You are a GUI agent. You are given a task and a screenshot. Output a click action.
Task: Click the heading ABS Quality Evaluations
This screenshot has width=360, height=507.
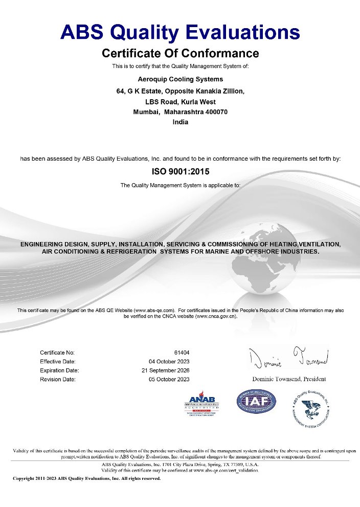tap(180, 32)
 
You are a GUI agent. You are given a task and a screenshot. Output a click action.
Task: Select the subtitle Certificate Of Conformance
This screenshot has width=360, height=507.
tap(180, 53)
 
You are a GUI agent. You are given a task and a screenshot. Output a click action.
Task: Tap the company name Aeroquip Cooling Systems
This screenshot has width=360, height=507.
tap(181, 79)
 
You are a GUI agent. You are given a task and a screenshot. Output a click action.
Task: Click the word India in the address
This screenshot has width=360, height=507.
tap(181, 122)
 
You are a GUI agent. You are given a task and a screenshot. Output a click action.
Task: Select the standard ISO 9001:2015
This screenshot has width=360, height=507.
tap(181, 172)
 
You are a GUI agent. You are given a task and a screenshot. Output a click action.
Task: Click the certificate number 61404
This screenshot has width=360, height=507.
tap(182, 352)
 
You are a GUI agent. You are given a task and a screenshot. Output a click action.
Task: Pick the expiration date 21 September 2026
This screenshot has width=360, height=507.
tap(165, 370)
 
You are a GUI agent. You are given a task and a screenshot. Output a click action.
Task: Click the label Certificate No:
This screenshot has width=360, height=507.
tap(57, 352)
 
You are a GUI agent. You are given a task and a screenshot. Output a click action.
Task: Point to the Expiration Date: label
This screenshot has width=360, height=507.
tap(59, 370)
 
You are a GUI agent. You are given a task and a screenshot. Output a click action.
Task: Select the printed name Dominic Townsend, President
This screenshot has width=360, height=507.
tap(289, 379)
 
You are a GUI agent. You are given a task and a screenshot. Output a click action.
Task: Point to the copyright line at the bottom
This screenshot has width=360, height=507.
tap(86, 479)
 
